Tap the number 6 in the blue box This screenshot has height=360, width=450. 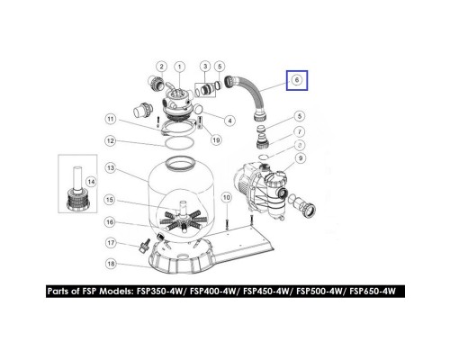[x=294, y=81]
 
